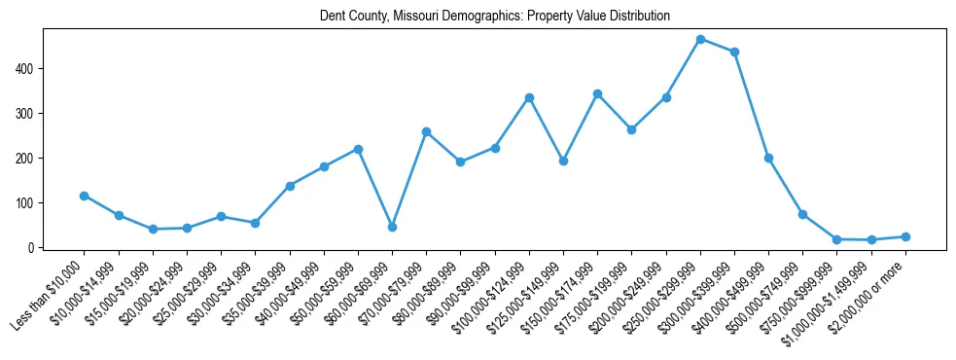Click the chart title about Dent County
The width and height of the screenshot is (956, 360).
[x=495, y=17]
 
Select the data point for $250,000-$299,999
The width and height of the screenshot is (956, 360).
[x=700, y=39]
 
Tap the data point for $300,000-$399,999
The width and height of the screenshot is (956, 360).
[x=734, y=52]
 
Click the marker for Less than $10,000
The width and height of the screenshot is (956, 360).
[x=84, y=196]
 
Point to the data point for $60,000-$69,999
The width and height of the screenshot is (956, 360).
[x=392, y=227]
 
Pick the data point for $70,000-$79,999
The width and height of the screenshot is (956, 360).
[x=426, y=131]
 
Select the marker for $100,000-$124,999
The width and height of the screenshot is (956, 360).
[x=529, y=97]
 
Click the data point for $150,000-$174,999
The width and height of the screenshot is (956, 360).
[x=597, y=93]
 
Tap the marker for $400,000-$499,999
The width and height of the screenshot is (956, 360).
[x=768, y=158]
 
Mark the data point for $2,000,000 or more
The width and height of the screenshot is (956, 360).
[x=905, y=236]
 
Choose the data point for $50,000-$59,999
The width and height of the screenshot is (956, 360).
[x=358, y=149]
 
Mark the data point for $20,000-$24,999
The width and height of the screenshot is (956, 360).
[x=187, y=228]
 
